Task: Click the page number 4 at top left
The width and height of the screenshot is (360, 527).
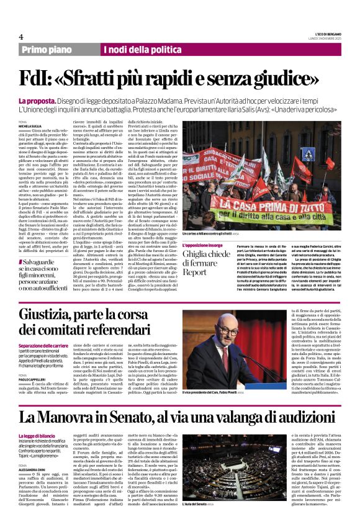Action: [20, 37]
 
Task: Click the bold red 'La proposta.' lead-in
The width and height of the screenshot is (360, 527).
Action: [38, 101]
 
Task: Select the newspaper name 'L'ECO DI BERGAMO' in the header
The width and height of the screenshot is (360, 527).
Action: [328, 34]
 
